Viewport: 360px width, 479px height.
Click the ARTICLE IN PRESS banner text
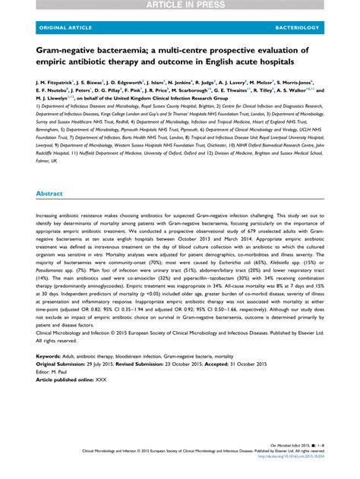coord(179,5)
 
